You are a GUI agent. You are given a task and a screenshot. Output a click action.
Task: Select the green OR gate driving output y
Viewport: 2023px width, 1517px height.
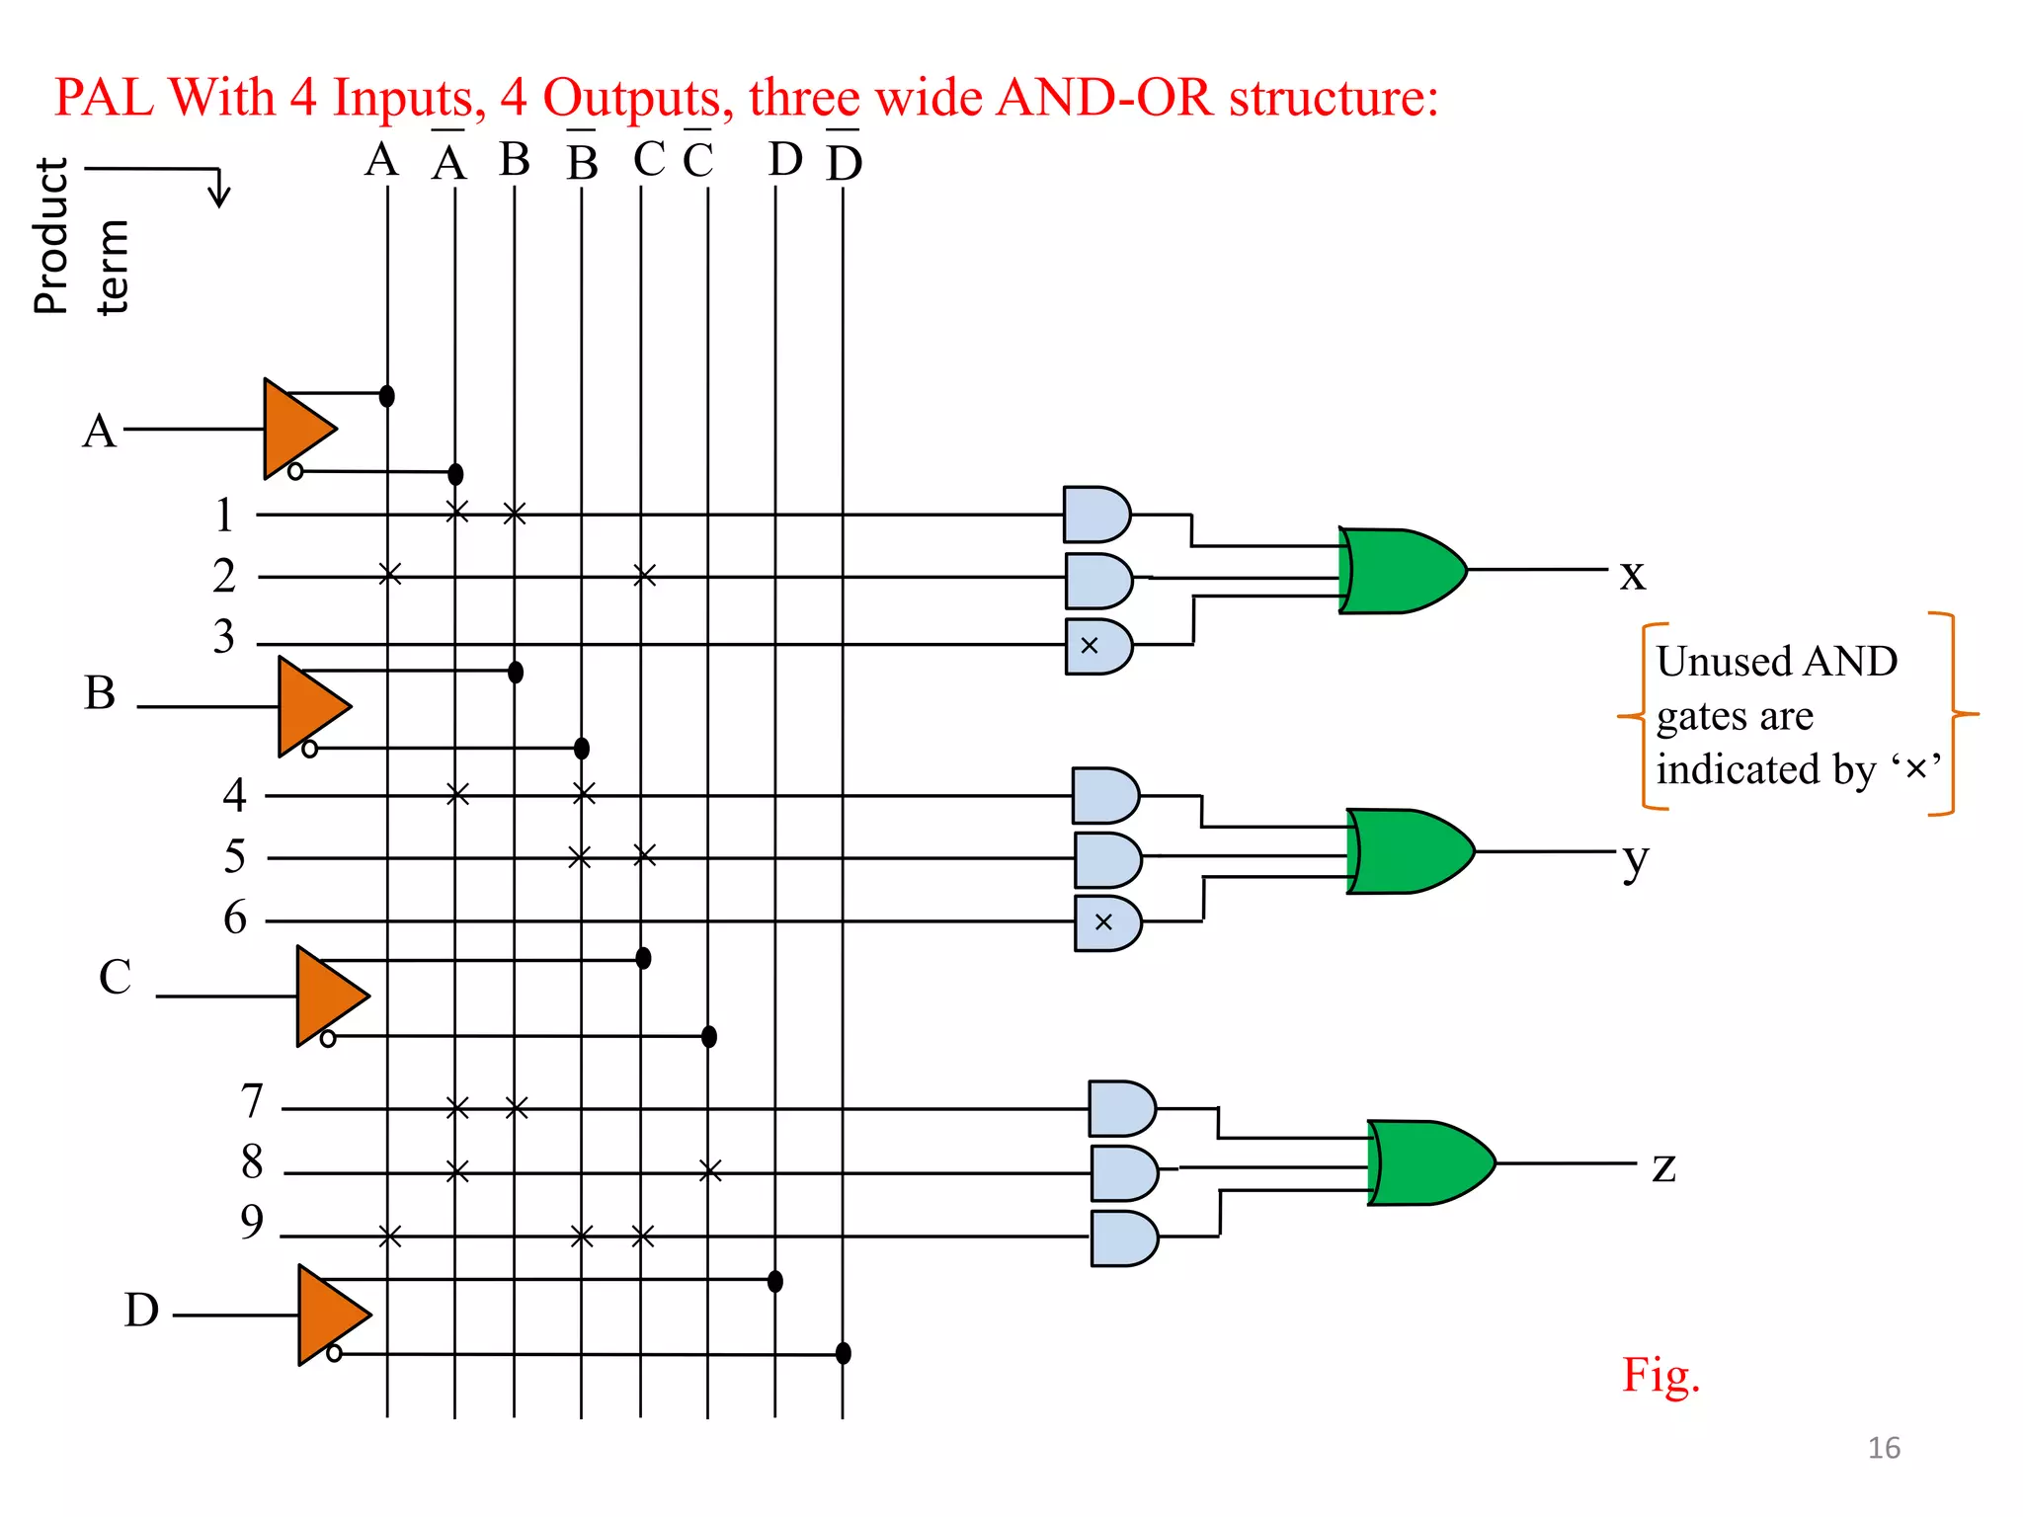coord(1409,851)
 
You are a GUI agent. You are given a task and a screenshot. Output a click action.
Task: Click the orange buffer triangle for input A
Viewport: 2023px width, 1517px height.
coord(294,430)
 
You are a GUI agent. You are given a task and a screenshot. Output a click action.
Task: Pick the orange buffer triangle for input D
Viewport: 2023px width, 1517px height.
coord(329,1315)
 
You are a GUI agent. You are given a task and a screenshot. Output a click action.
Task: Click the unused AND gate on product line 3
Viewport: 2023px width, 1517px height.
coord(1097,646)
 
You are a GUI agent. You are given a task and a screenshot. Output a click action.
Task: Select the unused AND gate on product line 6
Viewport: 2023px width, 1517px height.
coord(1106,922)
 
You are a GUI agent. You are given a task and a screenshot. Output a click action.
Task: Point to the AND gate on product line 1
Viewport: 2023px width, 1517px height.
coord(1095,515)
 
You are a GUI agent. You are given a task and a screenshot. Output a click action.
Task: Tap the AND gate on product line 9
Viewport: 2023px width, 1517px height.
coord(1123,1238)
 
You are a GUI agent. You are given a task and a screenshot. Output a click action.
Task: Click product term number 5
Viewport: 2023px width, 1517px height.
coord(234,856)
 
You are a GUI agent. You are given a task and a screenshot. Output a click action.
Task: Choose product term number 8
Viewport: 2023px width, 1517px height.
coord(253,1161)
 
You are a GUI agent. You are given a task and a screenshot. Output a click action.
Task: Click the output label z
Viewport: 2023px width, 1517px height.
coord(1663,1167)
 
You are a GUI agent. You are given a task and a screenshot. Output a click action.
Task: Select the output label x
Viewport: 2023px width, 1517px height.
coord(1633,574)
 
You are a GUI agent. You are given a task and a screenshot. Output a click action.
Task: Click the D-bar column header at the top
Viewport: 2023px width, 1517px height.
coord(844,160)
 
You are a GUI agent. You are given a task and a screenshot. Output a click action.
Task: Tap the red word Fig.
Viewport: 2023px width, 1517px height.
coord(1660,1375)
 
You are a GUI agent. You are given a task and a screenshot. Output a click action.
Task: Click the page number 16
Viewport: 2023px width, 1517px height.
coord(1883,1448)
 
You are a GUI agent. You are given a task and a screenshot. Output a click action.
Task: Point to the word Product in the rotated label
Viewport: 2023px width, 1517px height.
coord(51,236)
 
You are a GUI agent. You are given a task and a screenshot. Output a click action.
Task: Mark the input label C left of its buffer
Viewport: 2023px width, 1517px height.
coord(115,977)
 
